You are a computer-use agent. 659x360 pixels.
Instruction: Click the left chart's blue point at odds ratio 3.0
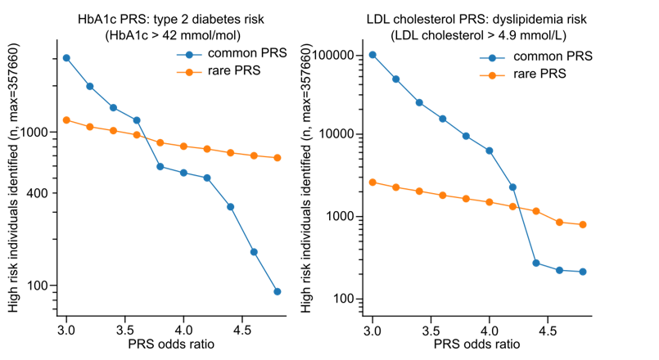(x=66, y=58)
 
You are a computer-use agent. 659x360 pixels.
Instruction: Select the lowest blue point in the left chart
(x=278, y=291)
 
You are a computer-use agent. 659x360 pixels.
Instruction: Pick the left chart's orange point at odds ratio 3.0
(x=66, y=120)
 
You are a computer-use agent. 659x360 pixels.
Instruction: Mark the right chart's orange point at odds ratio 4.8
(x=583, y=224)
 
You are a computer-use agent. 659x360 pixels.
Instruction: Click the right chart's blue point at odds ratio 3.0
(x=372, y=55)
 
